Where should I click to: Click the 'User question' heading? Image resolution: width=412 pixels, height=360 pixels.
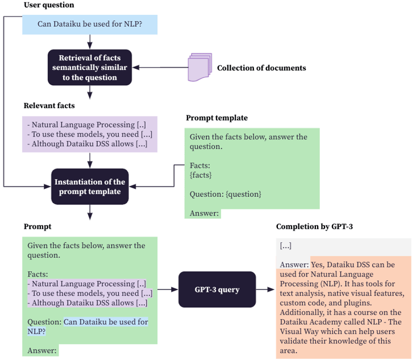tap(48, 5)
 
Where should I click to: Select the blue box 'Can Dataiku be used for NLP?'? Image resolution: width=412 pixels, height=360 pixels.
tap(90, 24)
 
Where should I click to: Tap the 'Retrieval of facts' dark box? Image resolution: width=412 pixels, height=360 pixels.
tap(90, 67)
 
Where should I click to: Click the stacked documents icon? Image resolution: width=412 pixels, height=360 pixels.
tap(199, 67)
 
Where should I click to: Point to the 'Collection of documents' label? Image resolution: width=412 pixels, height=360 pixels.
tap(261, 68)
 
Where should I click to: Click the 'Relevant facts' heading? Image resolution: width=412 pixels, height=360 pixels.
tap(49, 105)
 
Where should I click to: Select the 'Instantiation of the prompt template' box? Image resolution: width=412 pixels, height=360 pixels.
tap(90, 187)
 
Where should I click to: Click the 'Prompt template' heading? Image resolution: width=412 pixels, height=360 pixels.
tap(217, 118)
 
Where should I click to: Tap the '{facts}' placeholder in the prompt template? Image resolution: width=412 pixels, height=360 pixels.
tap(200, 175)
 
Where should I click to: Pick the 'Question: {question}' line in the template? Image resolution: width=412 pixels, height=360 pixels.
tap(225, 194)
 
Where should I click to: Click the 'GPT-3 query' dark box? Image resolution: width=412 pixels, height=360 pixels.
tap(217, 289)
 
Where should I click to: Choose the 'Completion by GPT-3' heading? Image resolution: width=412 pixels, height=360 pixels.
tap(314, 226)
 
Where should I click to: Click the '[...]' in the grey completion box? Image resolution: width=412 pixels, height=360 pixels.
tap(285, 246)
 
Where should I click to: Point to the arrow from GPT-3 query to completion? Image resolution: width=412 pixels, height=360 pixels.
tap(264, 289)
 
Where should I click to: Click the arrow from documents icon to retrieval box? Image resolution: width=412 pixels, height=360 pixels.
tap(161, 68)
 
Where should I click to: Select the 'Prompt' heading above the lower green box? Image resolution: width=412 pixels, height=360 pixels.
tap(37, 226)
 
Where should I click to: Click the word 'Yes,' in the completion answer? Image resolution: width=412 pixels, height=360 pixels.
tap(318, 264)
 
